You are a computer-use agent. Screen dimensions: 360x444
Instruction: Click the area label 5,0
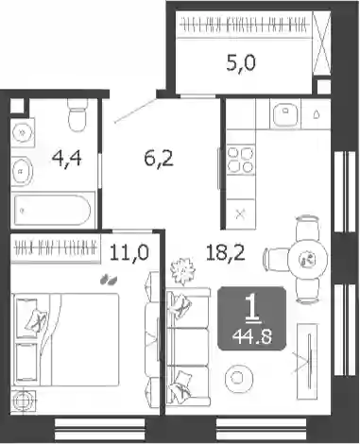click(x=241, y=63)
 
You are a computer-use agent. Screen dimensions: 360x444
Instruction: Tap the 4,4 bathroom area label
click(x=67, y=158)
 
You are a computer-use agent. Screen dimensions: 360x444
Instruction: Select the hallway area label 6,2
click(x=159, y=158)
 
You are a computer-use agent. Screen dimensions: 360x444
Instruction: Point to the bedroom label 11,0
click(x=129, y=252)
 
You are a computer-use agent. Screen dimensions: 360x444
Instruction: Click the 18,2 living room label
click(x=226, y=252)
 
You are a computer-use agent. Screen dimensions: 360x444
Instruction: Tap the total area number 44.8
click(x=252, y=337)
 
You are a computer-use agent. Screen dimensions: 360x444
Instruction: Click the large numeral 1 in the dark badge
click(x=252, y=310)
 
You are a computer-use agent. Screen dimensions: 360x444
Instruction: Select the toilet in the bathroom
click(x=77, y=115)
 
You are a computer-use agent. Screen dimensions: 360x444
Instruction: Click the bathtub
click(x=53, y=210)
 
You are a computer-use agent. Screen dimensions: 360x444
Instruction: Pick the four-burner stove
click(x=241, y=160)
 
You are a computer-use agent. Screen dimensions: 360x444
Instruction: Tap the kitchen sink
click(x=285, y=113)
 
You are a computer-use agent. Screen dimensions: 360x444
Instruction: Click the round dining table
click(x=308, y=259)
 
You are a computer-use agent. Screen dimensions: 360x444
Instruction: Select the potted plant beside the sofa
click(x=182, y=271)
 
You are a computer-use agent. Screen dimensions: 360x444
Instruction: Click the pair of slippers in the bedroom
click(x=109, y=280)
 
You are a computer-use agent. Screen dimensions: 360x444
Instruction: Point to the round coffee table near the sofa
click(x=239, y=378)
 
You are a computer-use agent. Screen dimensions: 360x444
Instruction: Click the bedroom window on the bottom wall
click(x=99, y=430)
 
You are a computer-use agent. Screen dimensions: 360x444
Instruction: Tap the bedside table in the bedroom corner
click(x=24, y=401)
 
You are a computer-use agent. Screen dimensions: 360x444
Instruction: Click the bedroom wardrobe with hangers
click(x=56, y=248)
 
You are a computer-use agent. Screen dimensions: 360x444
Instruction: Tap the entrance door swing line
click(x=135, y=111)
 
